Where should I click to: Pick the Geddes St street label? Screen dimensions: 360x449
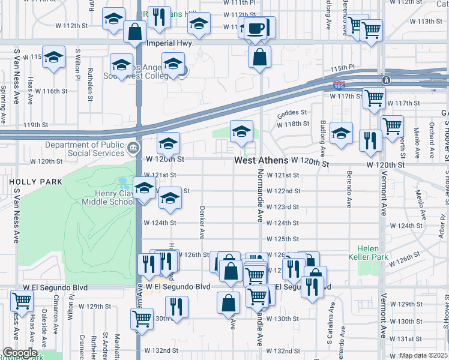(x=291, y=112)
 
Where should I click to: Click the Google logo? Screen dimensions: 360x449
(x=19, y=352)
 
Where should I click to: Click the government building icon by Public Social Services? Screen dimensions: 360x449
(x=133, y=146)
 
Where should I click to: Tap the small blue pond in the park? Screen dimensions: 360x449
(x=124, y=181)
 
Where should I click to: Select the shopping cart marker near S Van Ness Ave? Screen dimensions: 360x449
(x=22, y=301)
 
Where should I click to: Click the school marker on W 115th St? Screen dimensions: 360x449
(x=54, y=58)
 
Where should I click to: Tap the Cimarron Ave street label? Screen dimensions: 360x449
(x=56, y=321)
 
